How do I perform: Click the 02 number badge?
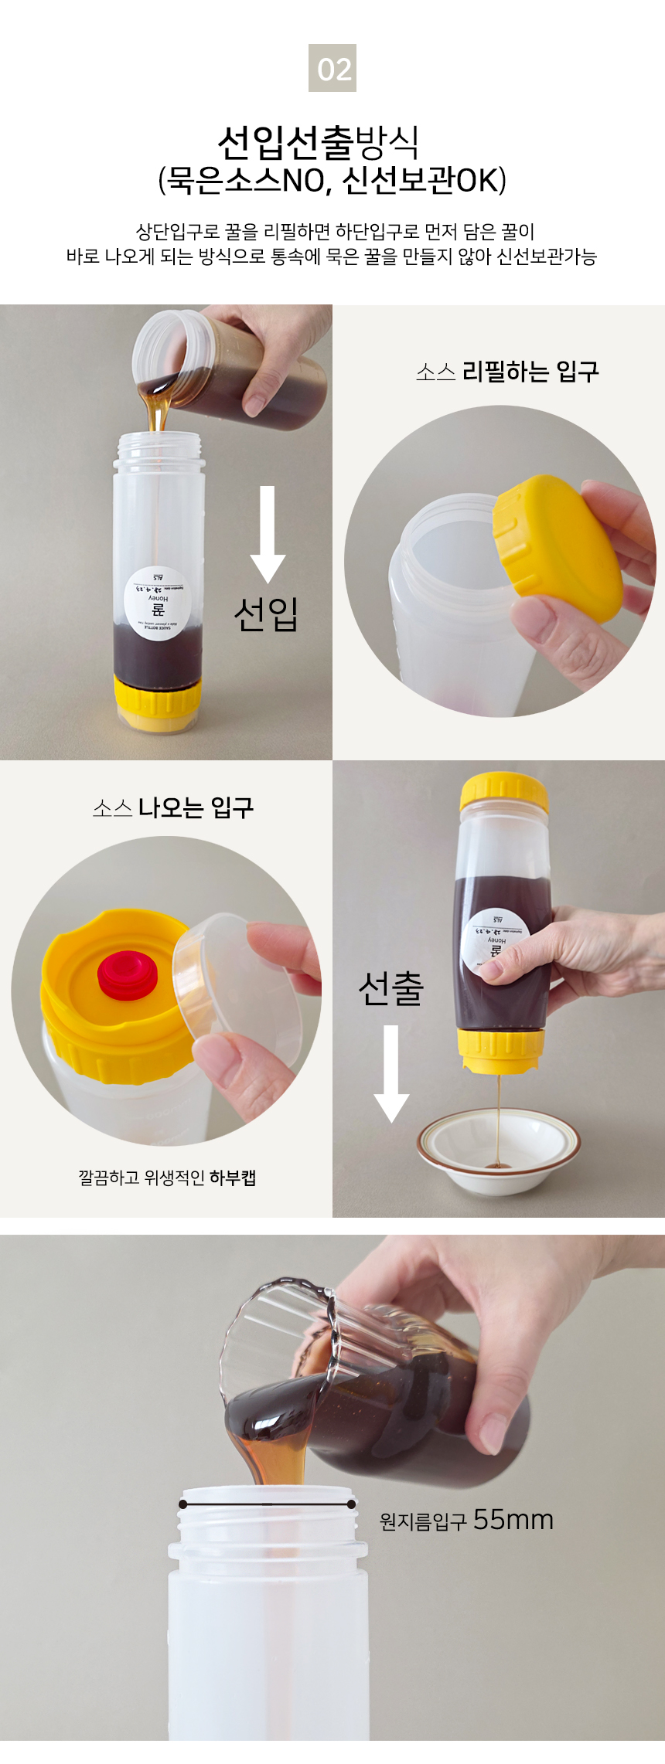click(332, 68)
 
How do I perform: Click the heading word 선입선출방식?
click(319, 142)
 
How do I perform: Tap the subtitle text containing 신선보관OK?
click(332, 181)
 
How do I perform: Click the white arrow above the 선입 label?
click(268, 534)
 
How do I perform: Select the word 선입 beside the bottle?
click(266, 614)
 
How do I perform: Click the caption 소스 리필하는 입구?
click(507, 372)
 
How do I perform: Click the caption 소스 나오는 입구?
click(173, 808)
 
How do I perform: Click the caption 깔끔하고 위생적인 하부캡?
click(167, 1178)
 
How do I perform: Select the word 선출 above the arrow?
click(391, 988)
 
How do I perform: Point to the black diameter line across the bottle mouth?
click(267, 1504)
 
